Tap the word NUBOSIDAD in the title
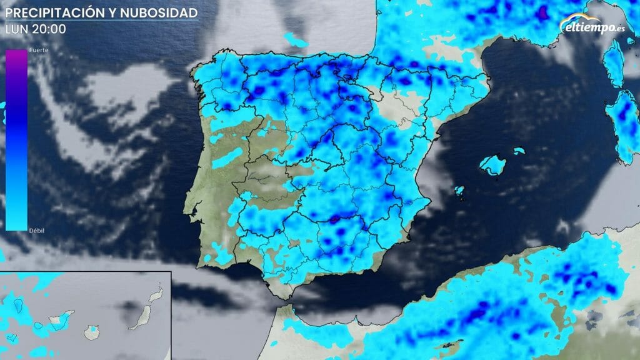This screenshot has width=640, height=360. tap(166, 12)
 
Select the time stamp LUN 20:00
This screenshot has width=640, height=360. tap(36, 29)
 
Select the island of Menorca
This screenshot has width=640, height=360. tap(519, 151)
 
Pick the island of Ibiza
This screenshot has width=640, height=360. tap(459, 190)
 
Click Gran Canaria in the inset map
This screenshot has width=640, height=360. tap(93, 329)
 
